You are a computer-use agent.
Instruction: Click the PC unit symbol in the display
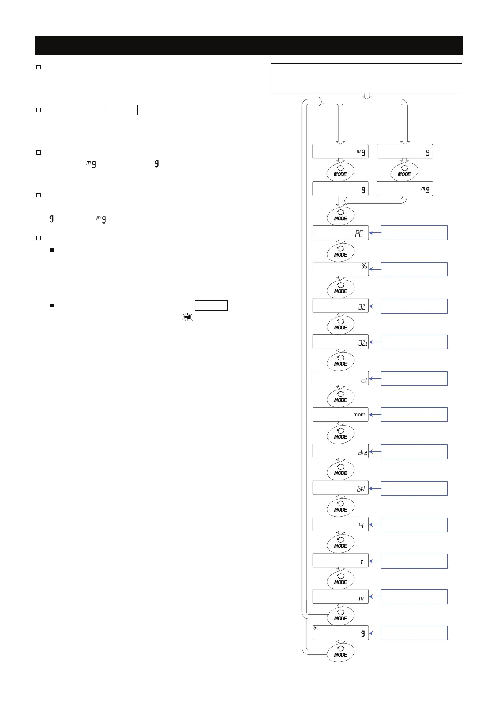[359, 234]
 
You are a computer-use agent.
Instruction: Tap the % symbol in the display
[364, 266]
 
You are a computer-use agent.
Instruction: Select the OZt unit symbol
[362, 343]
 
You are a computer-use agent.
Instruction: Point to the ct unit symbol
[364, 380]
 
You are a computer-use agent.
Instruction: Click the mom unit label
[359, 415]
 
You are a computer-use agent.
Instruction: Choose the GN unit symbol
[361, 488]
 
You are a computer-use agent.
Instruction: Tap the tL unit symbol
[362, 525]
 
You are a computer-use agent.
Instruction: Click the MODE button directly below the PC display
[341, 252]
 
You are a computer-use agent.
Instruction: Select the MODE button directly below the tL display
[341, 543]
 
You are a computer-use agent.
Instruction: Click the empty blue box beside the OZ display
[414, 306]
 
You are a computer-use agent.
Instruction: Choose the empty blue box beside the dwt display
[414, 451]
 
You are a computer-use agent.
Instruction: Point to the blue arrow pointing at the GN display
[375, 488]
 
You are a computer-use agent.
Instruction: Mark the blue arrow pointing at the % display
[375, 270]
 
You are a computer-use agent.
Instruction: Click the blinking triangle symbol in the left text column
[187, 317]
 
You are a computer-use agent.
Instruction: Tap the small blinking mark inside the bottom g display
[316, 628]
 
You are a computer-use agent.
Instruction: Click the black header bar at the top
[249, 45]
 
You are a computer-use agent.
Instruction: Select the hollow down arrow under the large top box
[367, 96]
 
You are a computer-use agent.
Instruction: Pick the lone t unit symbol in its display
[362, 561]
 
